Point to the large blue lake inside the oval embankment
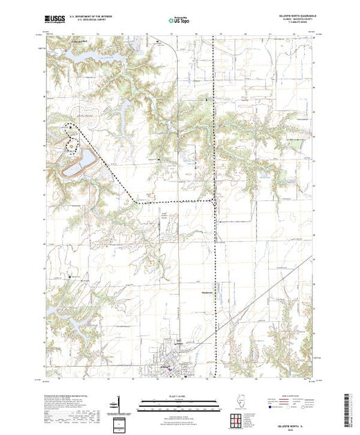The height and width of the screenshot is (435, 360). (x=77, y=164)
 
